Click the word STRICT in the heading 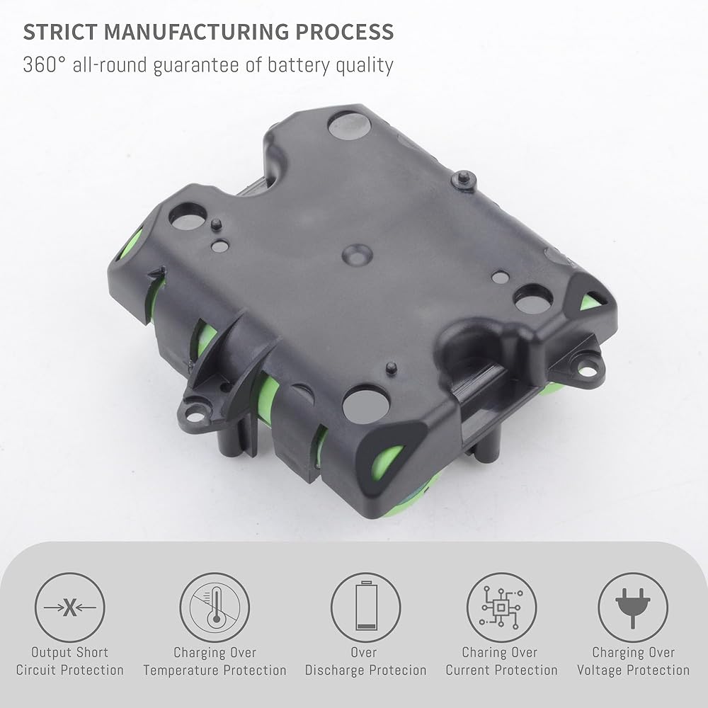[60, 32]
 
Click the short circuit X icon [70, 607]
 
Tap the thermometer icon [215, 607]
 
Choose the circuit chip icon [501, 607]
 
